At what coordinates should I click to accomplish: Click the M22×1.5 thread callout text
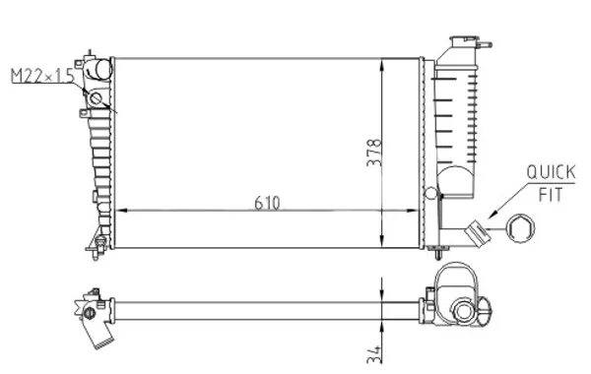point(42,76)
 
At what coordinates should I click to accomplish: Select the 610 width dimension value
point(267,203)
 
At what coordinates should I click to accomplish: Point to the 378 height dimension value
point(374,153)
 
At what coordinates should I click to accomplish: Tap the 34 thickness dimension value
point(374,354)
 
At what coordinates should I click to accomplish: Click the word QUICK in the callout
point(551,172)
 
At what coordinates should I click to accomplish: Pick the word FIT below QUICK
point(551,195)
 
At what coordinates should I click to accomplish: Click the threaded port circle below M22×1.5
point(96,98)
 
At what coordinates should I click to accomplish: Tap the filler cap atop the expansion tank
point(464,40)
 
